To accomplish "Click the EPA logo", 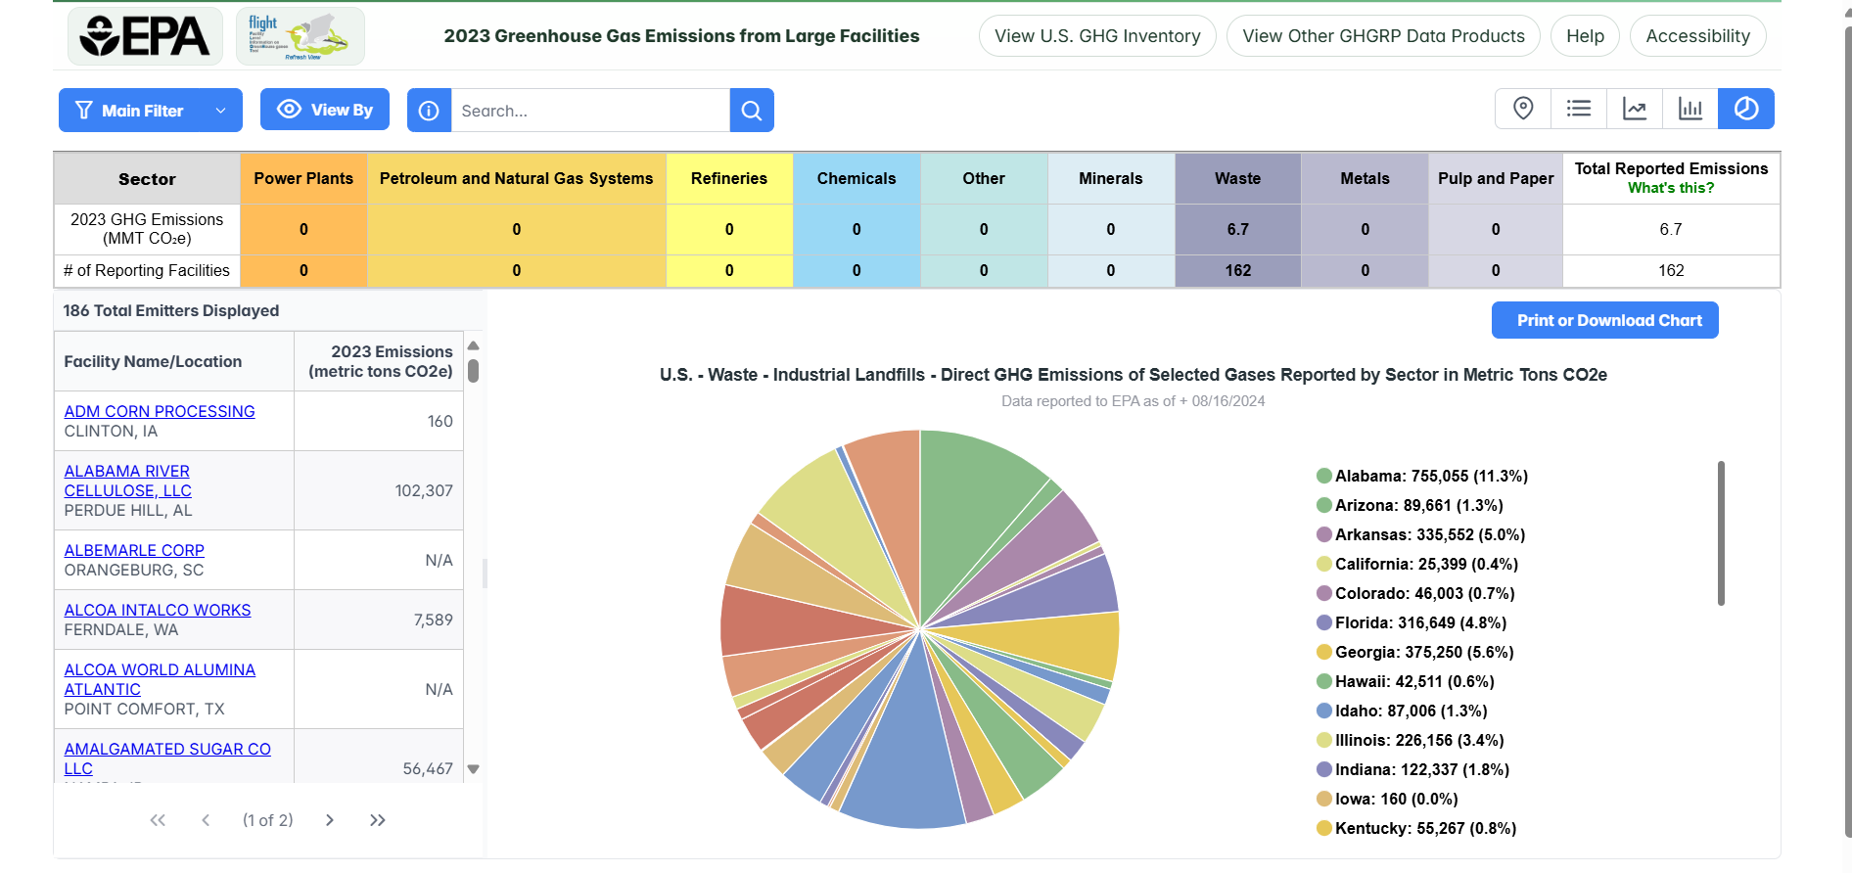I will point(145,36).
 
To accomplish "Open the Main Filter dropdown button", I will point(150,111).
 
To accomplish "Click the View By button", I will point(324,110).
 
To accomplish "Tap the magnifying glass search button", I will point(751,111).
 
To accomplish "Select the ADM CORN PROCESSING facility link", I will point(160,411).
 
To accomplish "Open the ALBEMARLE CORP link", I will point(134,550).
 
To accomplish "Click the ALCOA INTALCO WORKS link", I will point(158,610).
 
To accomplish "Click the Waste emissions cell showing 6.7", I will point(1237,229).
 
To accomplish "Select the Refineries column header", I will point(728,178).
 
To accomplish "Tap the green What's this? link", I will point(1670,188).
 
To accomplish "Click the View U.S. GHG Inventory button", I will point(1096,36).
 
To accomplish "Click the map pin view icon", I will point(1522,109).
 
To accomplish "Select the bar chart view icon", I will point(1690,109).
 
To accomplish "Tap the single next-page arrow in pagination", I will point(330,820).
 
